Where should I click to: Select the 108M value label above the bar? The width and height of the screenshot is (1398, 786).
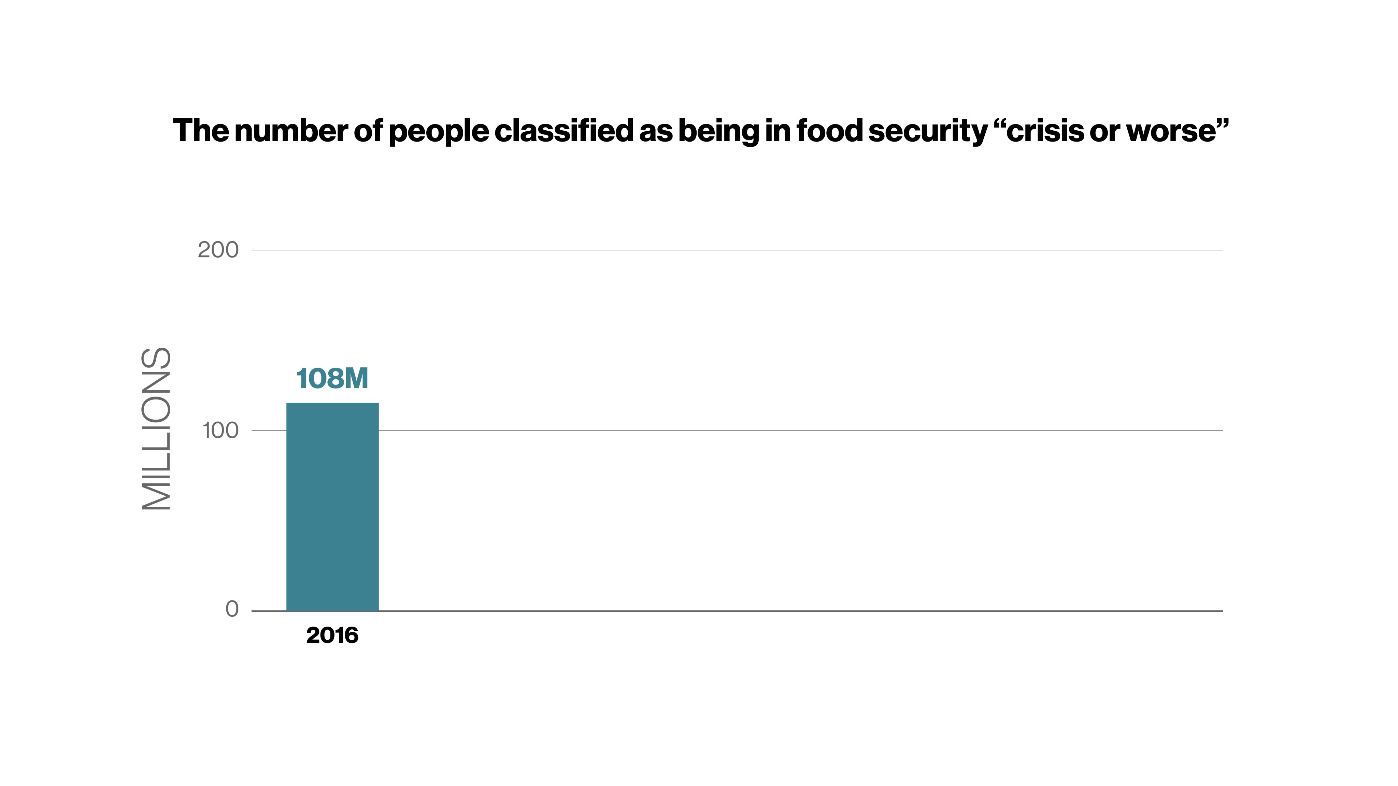click(332, 378)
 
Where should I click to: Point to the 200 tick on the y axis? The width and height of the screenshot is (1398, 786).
click(218, 250)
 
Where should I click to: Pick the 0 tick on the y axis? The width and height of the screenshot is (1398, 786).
click(232, 609)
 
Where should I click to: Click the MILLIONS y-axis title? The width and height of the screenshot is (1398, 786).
click(156, 428)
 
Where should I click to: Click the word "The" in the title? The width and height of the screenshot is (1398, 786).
click(200, 130)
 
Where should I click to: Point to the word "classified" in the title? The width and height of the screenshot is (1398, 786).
click(563, 130)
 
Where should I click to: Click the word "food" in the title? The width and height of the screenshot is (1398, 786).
click(829, 130)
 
